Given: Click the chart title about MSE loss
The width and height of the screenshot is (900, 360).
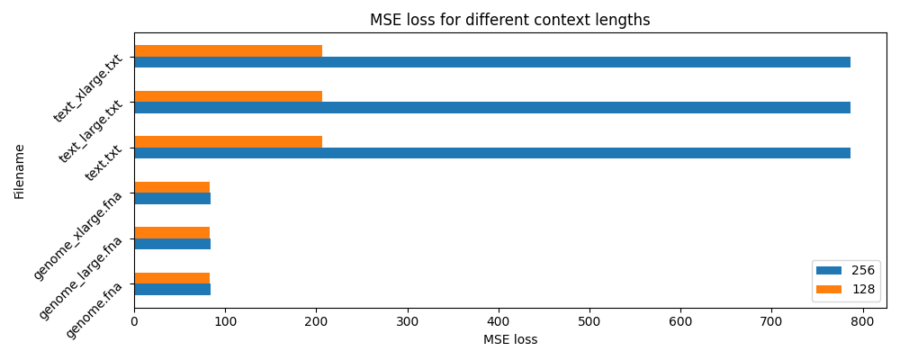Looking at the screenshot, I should tap(510, 20).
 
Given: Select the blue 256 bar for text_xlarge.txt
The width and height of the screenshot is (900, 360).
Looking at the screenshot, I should tap(491, 62).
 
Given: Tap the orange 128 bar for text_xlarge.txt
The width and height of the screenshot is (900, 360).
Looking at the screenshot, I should tap(228, 51).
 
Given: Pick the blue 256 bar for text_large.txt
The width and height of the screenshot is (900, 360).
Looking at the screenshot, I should tap(491, 108).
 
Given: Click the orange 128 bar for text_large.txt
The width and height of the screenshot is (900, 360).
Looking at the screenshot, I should tap(228, 96).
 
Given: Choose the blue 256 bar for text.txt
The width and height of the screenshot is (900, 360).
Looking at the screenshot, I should tap(491, 153).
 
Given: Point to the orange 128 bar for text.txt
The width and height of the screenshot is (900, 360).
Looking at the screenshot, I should tap(228, 141).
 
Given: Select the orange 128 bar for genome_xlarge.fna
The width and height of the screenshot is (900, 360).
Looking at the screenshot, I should tap(172, 187).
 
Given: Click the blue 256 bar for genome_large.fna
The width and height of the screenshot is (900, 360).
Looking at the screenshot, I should tap(172, 244).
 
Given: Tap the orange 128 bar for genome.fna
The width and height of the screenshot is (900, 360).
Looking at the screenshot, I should tap(172, 278).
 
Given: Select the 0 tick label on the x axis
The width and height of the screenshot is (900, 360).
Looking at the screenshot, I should tap(134, 321).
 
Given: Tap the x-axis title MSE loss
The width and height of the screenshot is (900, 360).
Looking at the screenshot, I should tap(510, 340).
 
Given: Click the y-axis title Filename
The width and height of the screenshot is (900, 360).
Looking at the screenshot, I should tap(20, 171).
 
